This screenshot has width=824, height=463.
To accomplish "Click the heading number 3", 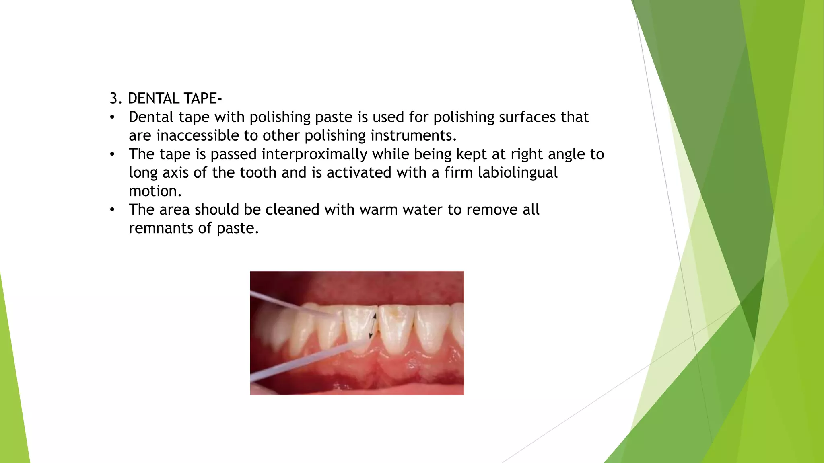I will coord(115,98).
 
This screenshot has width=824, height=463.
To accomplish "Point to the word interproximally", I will coord(314,154).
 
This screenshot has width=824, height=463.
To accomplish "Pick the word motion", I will coord(155,191).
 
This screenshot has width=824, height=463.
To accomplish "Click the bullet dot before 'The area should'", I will coord(112,210).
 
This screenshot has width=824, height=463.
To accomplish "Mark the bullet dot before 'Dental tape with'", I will coord(112,117).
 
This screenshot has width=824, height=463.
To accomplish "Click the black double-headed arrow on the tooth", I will coord(373,326).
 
